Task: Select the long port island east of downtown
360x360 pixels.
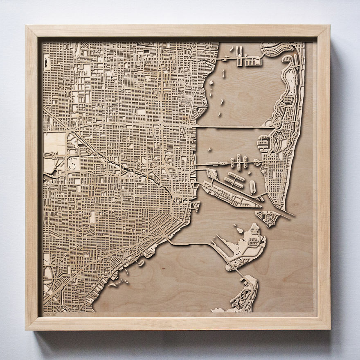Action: pyautogui.click(x=229, y=195)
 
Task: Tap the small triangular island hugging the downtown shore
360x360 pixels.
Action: pyautogui.click(x=196, y=206)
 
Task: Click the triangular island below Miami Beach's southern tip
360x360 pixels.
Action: pyautogui.click(x=268, y=217)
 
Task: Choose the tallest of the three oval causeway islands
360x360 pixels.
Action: pyautogui.click(x=239, y=162)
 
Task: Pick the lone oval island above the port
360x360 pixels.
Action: pyautogui.click(x=252, y=187)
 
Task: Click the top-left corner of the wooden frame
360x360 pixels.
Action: pyautogui.click(x=26, y=26)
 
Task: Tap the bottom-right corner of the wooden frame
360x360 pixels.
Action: pyautogui.click(x=329, y=329)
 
